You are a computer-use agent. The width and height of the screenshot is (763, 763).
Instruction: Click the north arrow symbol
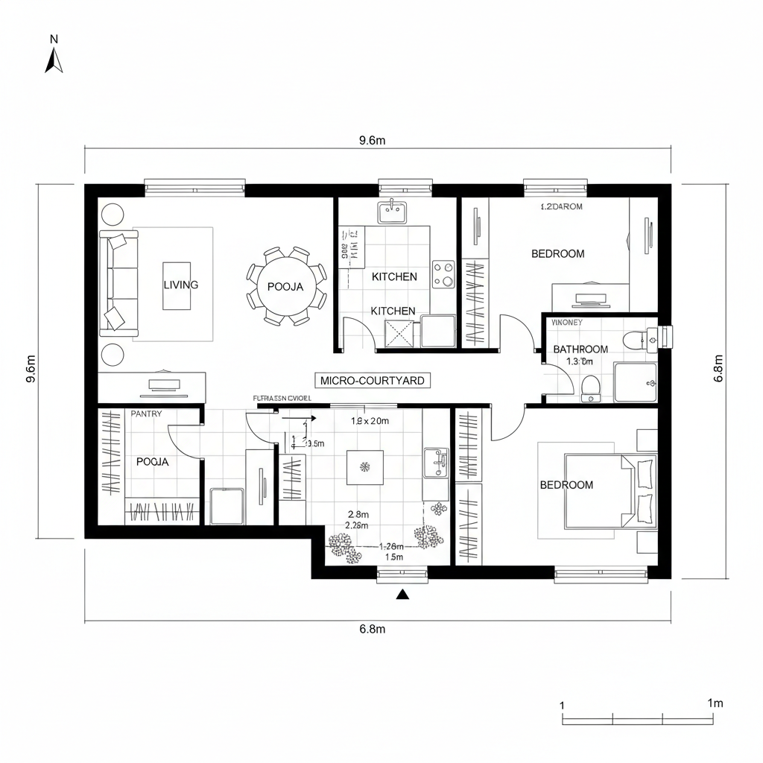pyautogui.click(x=54, y=60)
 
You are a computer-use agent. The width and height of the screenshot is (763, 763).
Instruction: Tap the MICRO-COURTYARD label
pyautogui.click(x=373, y=381)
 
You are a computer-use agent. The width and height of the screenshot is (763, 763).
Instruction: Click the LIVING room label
pyautogui.click(x=180, y=285)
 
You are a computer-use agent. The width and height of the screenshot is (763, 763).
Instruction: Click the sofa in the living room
pyautogui.click(x=119, y=283)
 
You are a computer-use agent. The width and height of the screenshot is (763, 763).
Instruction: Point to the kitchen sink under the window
pyautogui.click(x=392, y=212)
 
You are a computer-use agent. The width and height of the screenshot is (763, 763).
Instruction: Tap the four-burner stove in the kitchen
pyautogui.click(x=443, y=273)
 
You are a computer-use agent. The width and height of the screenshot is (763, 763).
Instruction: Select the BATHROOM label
pyautogui.click(x=580, y=349)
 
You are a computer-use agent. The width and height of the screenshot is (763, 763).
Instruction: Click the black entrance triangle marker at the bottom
pyautogui.click(x=403, y=594)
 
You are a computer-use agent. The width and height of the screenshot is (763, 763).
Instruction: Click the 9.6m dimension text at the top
pyautogui.click(x=372, y=140)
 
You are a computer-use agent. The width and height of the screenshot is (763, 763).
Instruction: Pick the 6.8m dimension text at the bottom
pyautogui.click(x=372, y=629)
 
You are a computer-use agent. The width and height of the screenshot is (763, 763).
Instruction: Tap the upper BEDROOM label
pyautogui.click(x=557, y=253)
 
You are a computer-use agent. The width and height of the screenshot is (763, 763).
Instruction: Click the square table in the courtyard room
pyautogui.click(x=365, y=468)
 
